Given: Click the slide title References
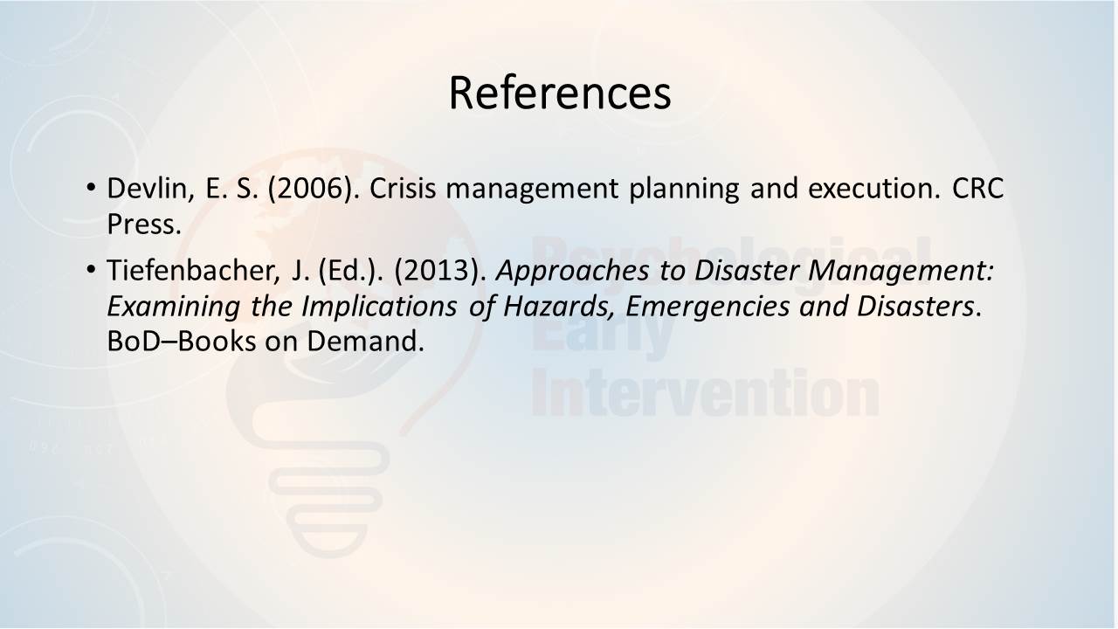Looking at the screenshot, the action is [x=560, y=93].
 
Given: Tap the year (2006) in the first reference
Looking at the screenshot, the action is [x=313, y=190].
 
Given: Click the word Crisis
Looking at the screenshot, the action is [x=403, y=188].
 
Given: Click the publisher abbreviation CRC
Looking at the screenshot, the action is [x=977, y=188].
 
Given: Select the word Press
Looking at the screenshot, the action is [x=144, y=225].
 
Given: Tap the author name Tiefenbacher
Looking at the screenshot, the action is [x=193, y=271].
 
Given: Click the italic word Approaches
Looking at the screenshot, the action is [x=572, y=272].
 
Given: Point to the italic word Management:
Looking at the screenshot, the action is [x=901, y=272].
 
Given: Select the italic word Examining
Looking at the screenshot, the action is [x=173, y=308].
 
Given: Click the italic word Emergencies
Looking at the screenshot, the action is [x=707, y=308].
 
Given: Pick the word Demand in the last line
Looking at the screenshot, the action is [x=365, y=342].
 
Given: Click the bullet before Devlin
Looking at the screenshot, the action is [x=91, y=188].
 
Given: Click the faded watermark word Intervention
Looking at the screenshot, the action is [x=705, y=393].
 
